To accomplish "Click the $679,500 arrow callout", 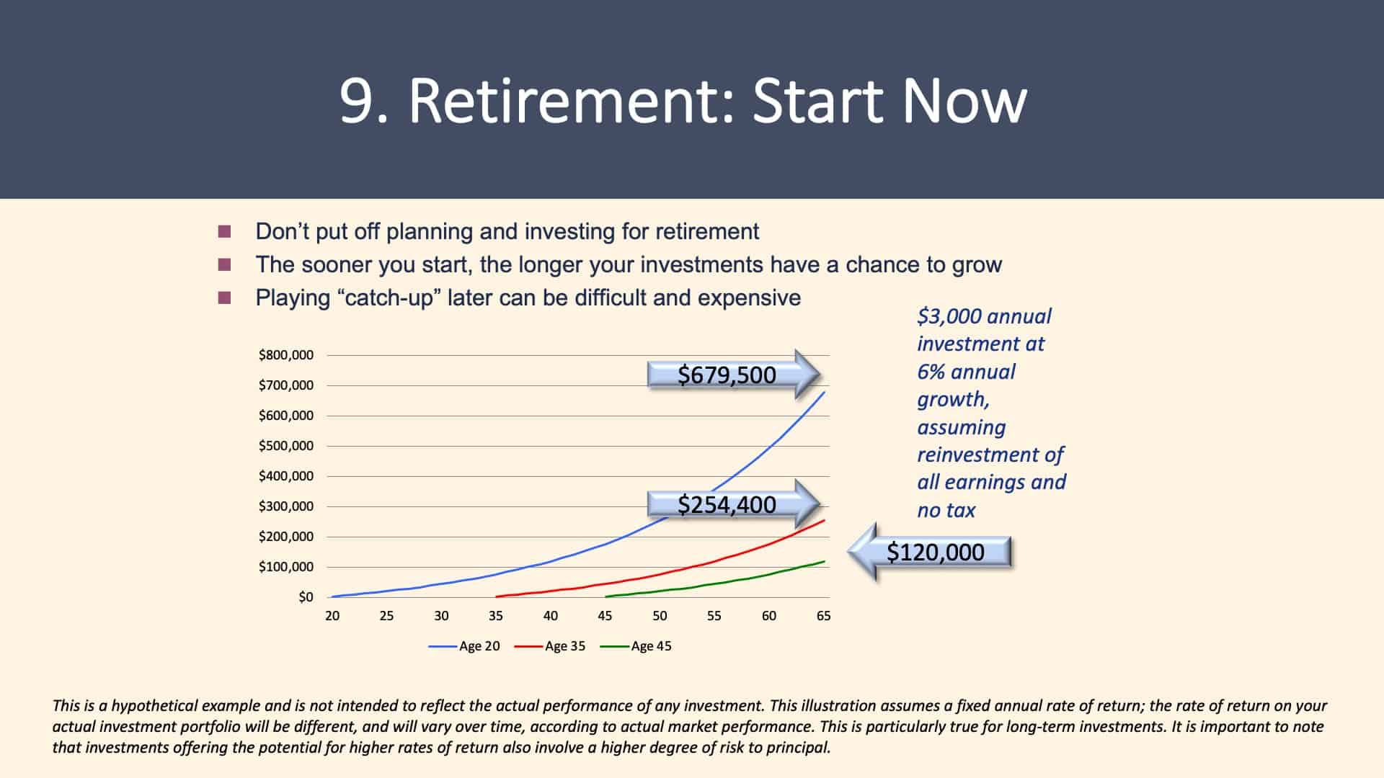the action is tap(734, 375).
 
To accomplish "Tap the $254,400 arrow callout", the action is tap(734, 504).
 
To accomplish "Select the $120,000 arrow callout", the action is tap(930, 552).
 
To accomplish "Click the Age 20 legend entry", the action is tap(464, 646).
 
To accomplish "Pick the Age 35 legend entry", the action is tap(550, 646).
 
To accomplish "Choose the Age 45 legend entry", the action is tap(636, 646).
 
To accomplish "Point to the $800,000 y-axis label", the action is tap(286, 354).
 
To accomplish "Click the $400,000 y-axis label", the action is tap(286, 475).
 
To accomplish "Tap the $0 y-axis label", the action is tap(306, 596).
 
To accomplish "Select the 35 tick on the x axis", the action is tap(496, 616).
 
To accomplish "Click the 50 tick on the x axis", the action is tap(660, 616).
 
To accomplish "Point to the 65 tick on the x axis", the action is tap(823, 616).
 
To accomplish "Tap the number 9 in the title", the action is tap(355, 101).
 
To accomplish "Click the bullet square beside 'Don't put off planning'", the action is tap(225, 231).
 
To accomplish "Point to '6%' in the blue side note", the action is tap(931, 372).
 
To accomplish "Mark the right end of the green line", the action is tap(825, 561).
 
